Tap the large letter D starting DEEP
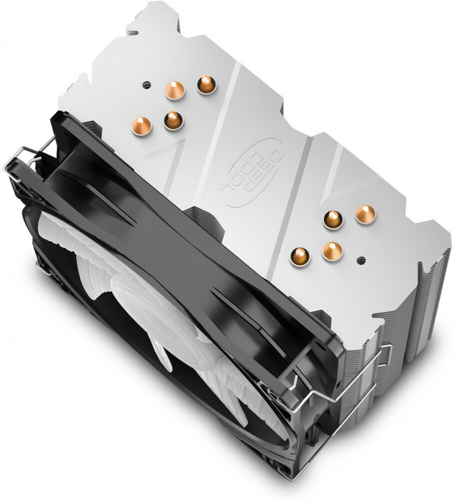(275, 157)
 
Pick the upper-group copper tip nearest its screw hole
(175, 90)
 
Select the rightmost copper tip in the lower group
(365, 214)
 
